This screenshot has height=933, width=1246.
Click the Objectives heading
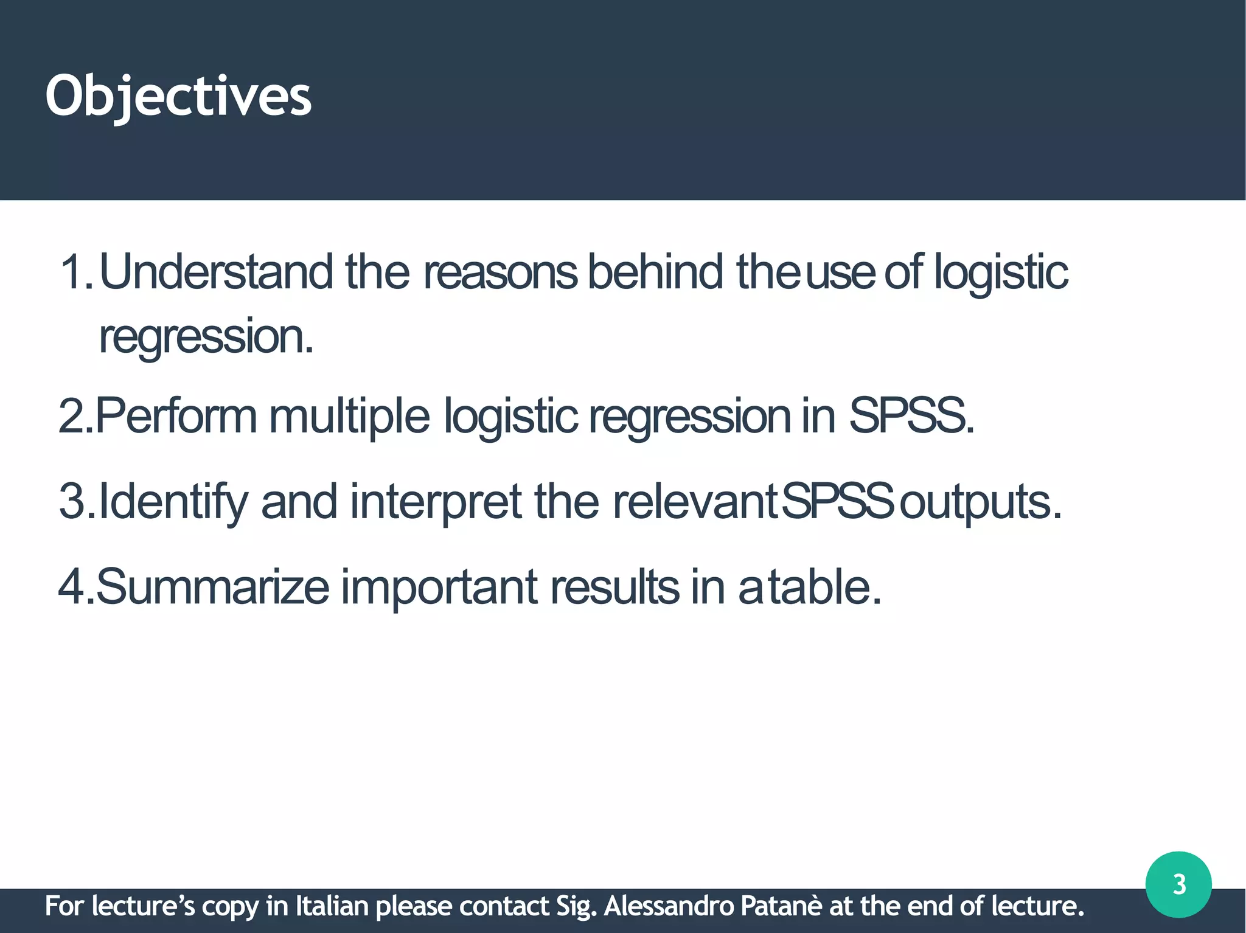pos(178,96)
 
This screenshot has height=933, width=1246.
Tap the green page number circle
pos(1178,884)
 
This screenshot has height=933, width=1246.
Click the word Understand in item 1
pos(216,272)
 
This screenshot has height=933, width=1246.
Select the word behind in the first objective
pos(655,272)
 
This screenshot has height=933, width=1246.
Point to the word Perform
pos(176,416)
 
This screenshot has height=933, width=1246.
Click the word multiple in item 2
pos(349,416)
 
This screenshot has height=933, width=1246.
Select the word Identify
pos(173,502)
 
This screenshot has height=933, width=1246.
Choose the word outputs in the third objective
pos(980,502)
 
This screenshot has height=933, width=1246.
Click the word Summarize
pos(212,587)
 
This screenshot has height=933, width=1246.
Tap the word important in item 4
pos(439,587)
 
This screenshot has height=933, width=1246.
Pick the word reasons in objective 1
pos(500,272)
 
